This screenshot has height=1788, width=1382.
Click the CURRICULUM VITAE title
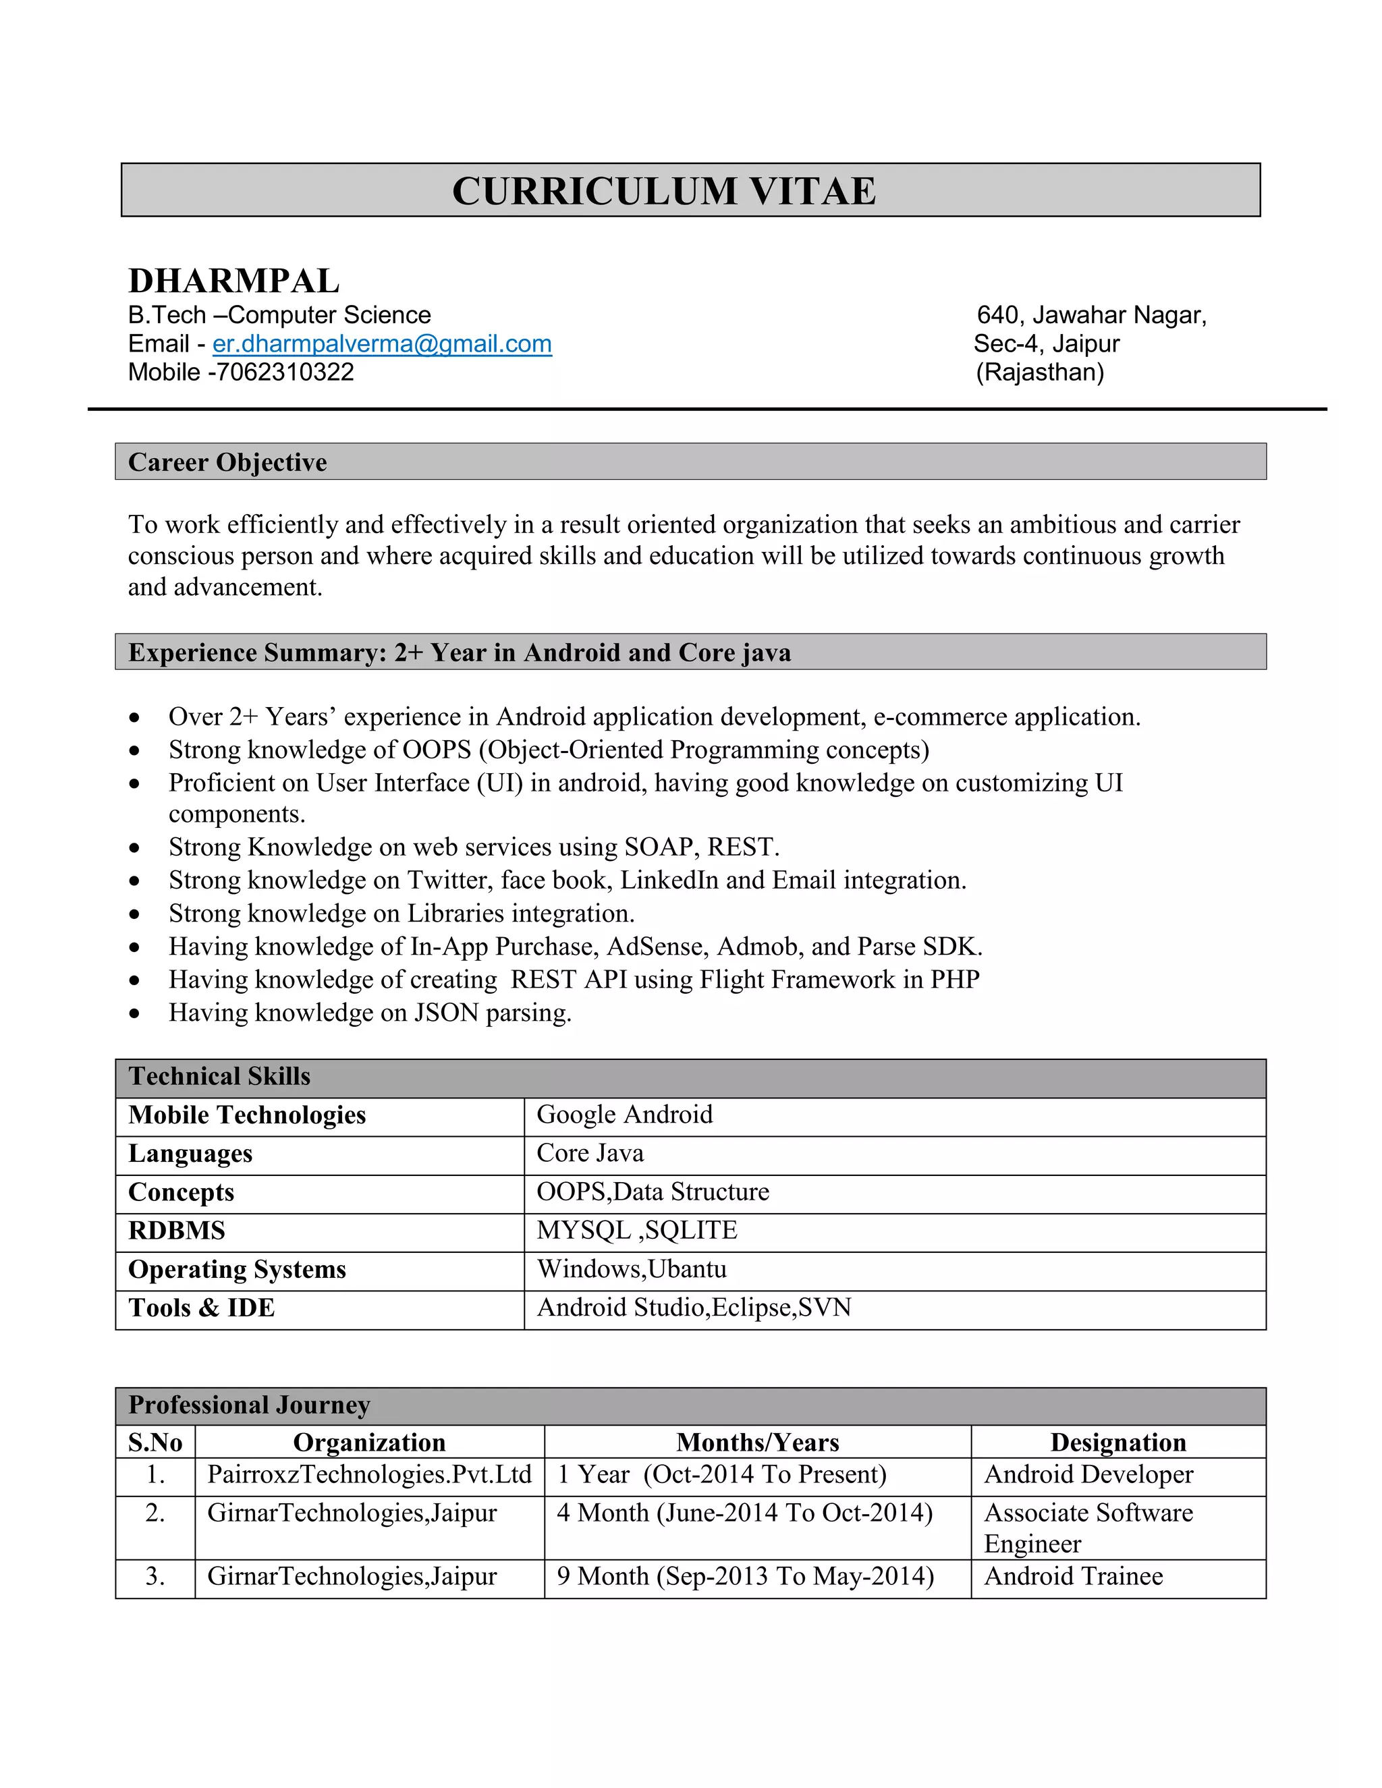tap(664, 191)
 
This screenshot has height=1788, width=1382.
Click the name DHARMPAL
tap(233, 281)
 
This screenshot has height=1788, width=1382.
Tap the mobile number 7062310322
tap(284, 372)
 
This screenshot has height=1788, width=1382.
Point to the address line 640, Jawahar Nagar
tap(1091, 315)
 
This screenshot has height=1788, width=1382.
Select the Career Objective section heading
tap(227, 463)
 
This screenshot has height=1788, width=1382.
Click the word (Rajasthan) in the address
tap(1040, 372)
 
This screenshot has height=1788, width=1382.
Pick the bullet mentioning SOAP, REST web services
tap(474, 847)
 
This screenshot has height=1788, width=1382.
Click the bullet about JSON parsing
tap(370, 1013)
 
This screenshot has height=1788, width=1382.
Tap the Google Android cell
tap(625, 1115)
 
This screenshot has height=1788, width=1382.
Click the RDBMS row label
tap(177, 1231)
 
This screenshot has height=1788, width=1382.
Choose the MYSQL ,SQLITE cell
tap(637, 1231)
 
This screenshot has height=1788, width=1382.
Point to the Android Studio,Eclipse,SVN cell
tap(694, 1308)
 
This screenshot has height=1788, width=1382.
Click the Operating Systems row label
tap(238, 1270)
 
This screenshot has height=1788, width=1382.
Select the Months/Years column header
tap(757, 1443)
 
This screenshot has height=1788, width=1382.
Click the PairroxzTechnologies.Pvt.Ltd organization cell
tap(369, 1474)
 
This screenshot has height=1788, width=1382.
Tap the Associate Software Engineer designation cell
tap(1088, 1528)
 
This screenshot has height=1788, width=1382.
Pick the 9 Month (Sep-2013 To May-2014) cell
tap(745, 1577)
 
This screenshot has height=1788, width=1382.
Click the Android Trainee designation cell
tap(1074, 1577)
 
